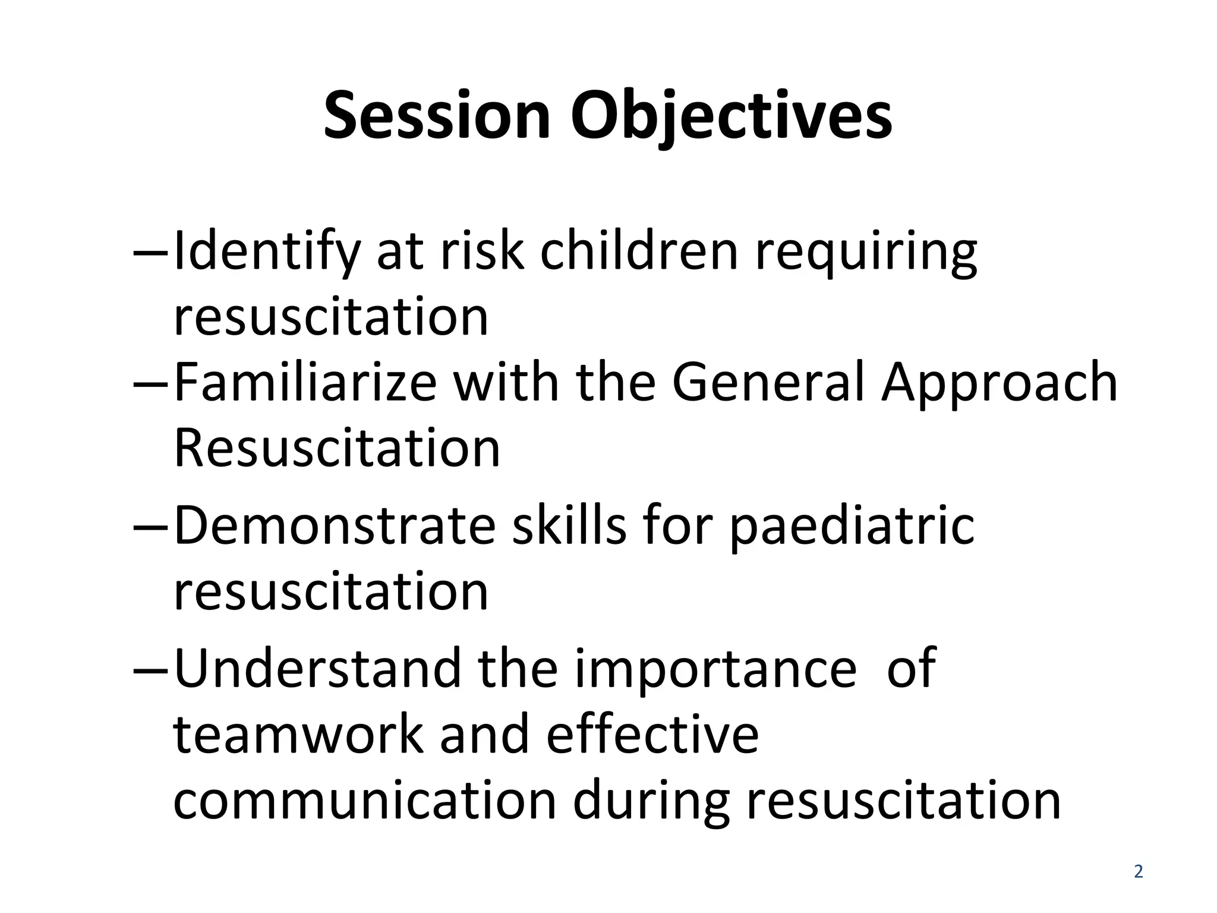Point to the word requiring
point(866,251)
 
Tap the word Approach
point(1000,383)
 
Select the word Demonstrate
point(335,525)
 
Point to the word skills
point(569,525)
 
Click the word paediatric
point(852,525)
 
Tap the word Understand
point(318,669)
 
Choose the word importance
point(715,669)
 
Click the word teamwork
point(298,735)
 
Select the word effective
point(652,735)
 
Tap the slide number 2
point(1138,872)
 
